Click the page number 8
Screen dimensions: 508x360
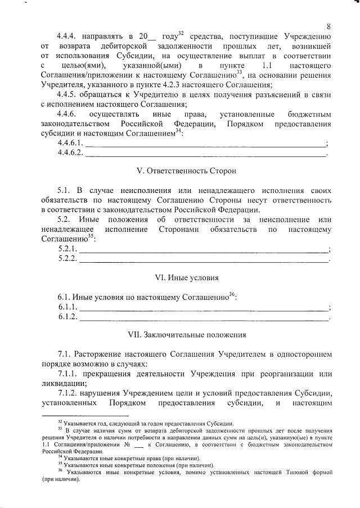click(328, 26)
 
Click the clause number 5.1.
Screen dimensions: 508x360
click(65, 191)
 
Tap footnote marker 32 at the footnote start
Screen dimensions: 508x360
click(60, 422)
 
